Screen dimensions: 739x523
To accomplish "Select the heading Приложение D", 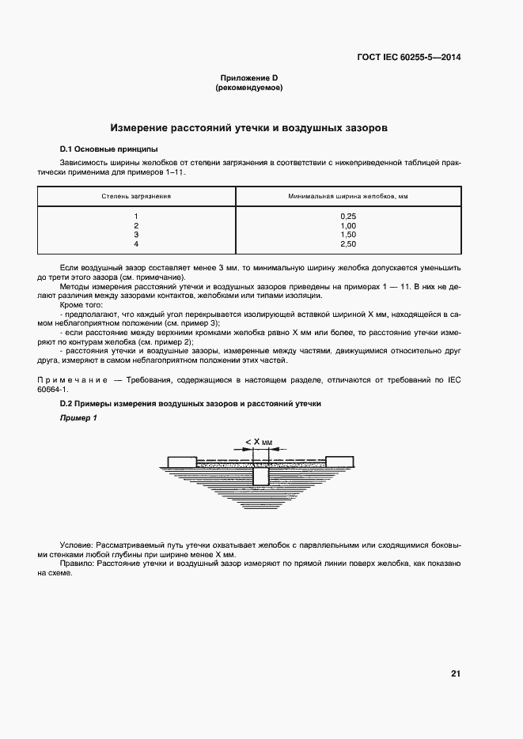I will [249, 78].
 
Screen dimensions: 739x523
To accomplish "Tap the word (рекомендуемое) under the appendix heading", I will [249, 88].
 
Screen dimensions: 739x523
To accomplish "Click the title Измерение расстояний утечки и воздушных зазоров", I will [249, 126].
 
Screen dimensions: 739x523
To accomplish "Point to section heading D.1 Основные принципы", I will [108, 149].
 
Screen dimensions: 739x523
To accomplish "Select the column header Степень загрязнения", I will [136, 194].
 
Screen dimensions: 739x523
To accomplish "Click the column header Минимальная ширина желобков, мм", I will [348, 194].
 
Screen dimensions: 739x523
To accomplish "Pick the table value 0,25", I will [348, 217].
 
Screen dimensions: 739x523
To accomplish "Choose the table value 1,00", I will [348, 226].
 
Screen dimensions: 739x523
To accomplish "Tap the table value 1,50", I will [348, 235].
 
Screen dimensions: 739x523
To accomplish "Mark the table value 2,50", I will [348, 244].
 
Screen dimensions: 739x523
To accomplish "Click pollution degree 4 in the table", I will [136, 244].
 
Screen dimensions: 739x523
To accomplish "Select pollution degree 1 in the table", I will [136, 217].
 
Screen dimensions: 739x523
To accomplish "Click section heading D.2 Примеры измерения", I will [191, 404].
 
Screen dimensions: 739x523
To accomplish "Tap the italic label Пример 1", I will [78, 418].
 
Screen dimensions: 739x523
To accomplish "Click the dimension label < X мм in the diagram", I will [259, 443].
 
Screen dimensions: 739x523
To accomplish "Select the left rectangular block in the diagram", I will [181, 462].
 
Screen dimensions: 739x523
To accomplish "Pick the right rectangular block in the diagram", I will [340, 462].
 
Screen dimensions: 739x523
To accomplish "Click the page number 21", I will [456, 673].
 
